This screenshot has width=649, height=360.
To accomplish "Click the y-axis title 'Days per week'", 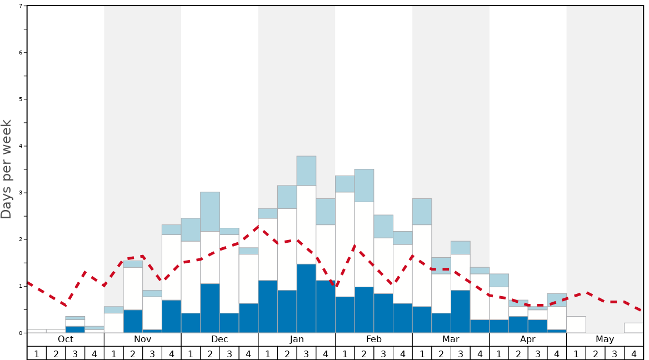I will (x=7, y=169).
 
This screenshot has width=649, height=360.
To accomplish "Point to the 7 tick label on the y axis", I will (x=21, y=6).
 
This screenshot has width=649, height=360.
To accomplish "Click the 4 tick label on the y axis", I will (x=21, y=146).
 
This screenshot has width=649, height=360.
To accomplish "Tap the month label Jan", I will (x=297, y=339).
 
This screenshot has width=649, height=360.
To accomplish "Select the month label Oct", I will (x=66, y=339).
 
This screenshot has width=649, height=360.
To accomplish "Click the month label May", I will (x=605, y=339).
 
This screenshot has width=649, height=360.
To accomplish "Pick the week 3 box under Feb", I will (x=383, y=353).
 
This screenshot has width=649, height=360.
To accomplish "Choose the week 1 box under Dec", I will (x=191, y=353).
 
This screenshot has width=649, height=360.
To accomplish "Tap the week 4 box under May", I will (x=634, y=353).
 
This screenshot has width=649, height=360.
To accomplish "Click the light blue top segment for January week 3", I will (x=306, y=171).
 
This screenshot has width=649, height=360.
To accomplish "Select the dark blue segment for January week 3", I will (x=306, y=298).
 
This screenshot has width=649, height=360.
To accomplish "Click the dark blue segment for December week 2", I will (x=210, y=308).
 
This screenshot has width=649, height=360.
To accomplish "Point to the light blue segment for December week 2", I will (x=210, y=212).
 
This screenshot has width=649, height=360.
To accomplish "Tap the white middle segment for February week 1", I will (x=345, y=244).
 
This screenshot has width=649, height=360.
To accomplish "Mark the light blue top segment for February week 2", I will (x=364, y=186).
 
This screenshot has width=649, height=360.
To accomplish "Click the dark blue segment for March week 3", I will (x=460, y=312).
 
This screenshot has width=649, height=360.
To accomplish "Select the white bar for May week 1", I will (x=576, y=324).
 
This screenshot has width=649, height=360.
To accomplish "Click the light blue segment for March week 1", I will (x=422, y=212).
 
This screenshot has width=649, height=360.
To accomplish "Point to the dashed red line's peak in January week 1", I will (x=258, y=226).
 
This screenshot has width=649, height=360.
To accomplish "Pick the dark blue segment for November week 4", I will (x=171, y=317).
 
